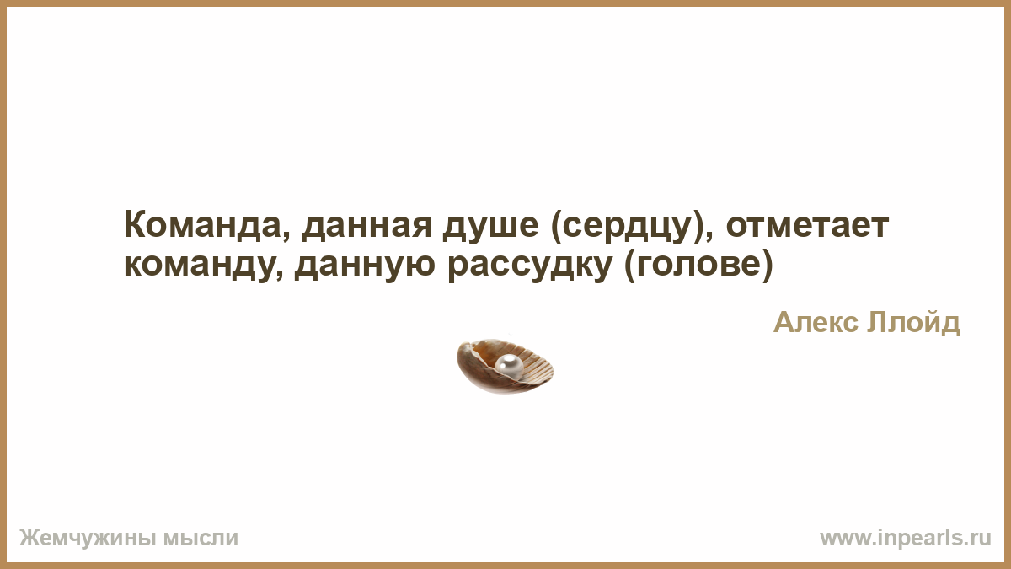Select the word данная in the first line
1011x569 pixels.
[367, 227]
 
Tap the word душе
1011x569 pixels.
[491, 227]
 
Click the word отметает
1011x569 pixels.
[807, 226]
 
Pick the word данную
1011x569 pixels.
[365, 266]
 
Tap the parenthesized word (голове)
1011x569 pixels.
[698, 266]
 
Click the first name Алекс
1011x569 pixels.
[816, 323]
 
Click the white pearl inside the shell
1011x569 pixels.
[509, 365]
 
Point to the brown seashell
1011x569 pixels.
[505, 366]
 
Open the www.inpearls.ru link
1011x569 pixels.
[906, 539]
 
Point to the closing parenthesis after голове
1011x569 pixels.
[768, 266]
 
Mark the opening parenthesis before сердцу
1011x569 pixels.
[556, 227]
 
